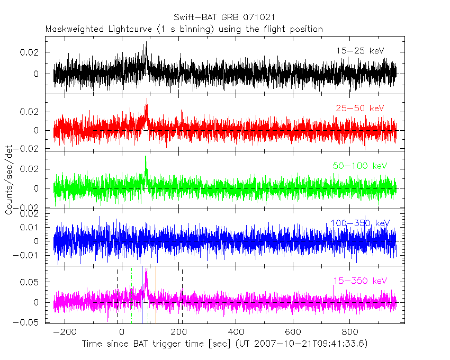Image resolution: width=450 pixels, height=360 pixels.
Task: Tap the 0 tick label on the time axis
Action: tap(122, 332)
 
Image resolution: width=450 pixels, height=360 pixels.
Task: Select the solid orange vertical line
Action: tap(156, 296)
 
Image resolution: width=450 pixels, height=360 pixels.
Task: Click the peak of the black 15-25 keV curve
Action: tap(146, 43)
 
